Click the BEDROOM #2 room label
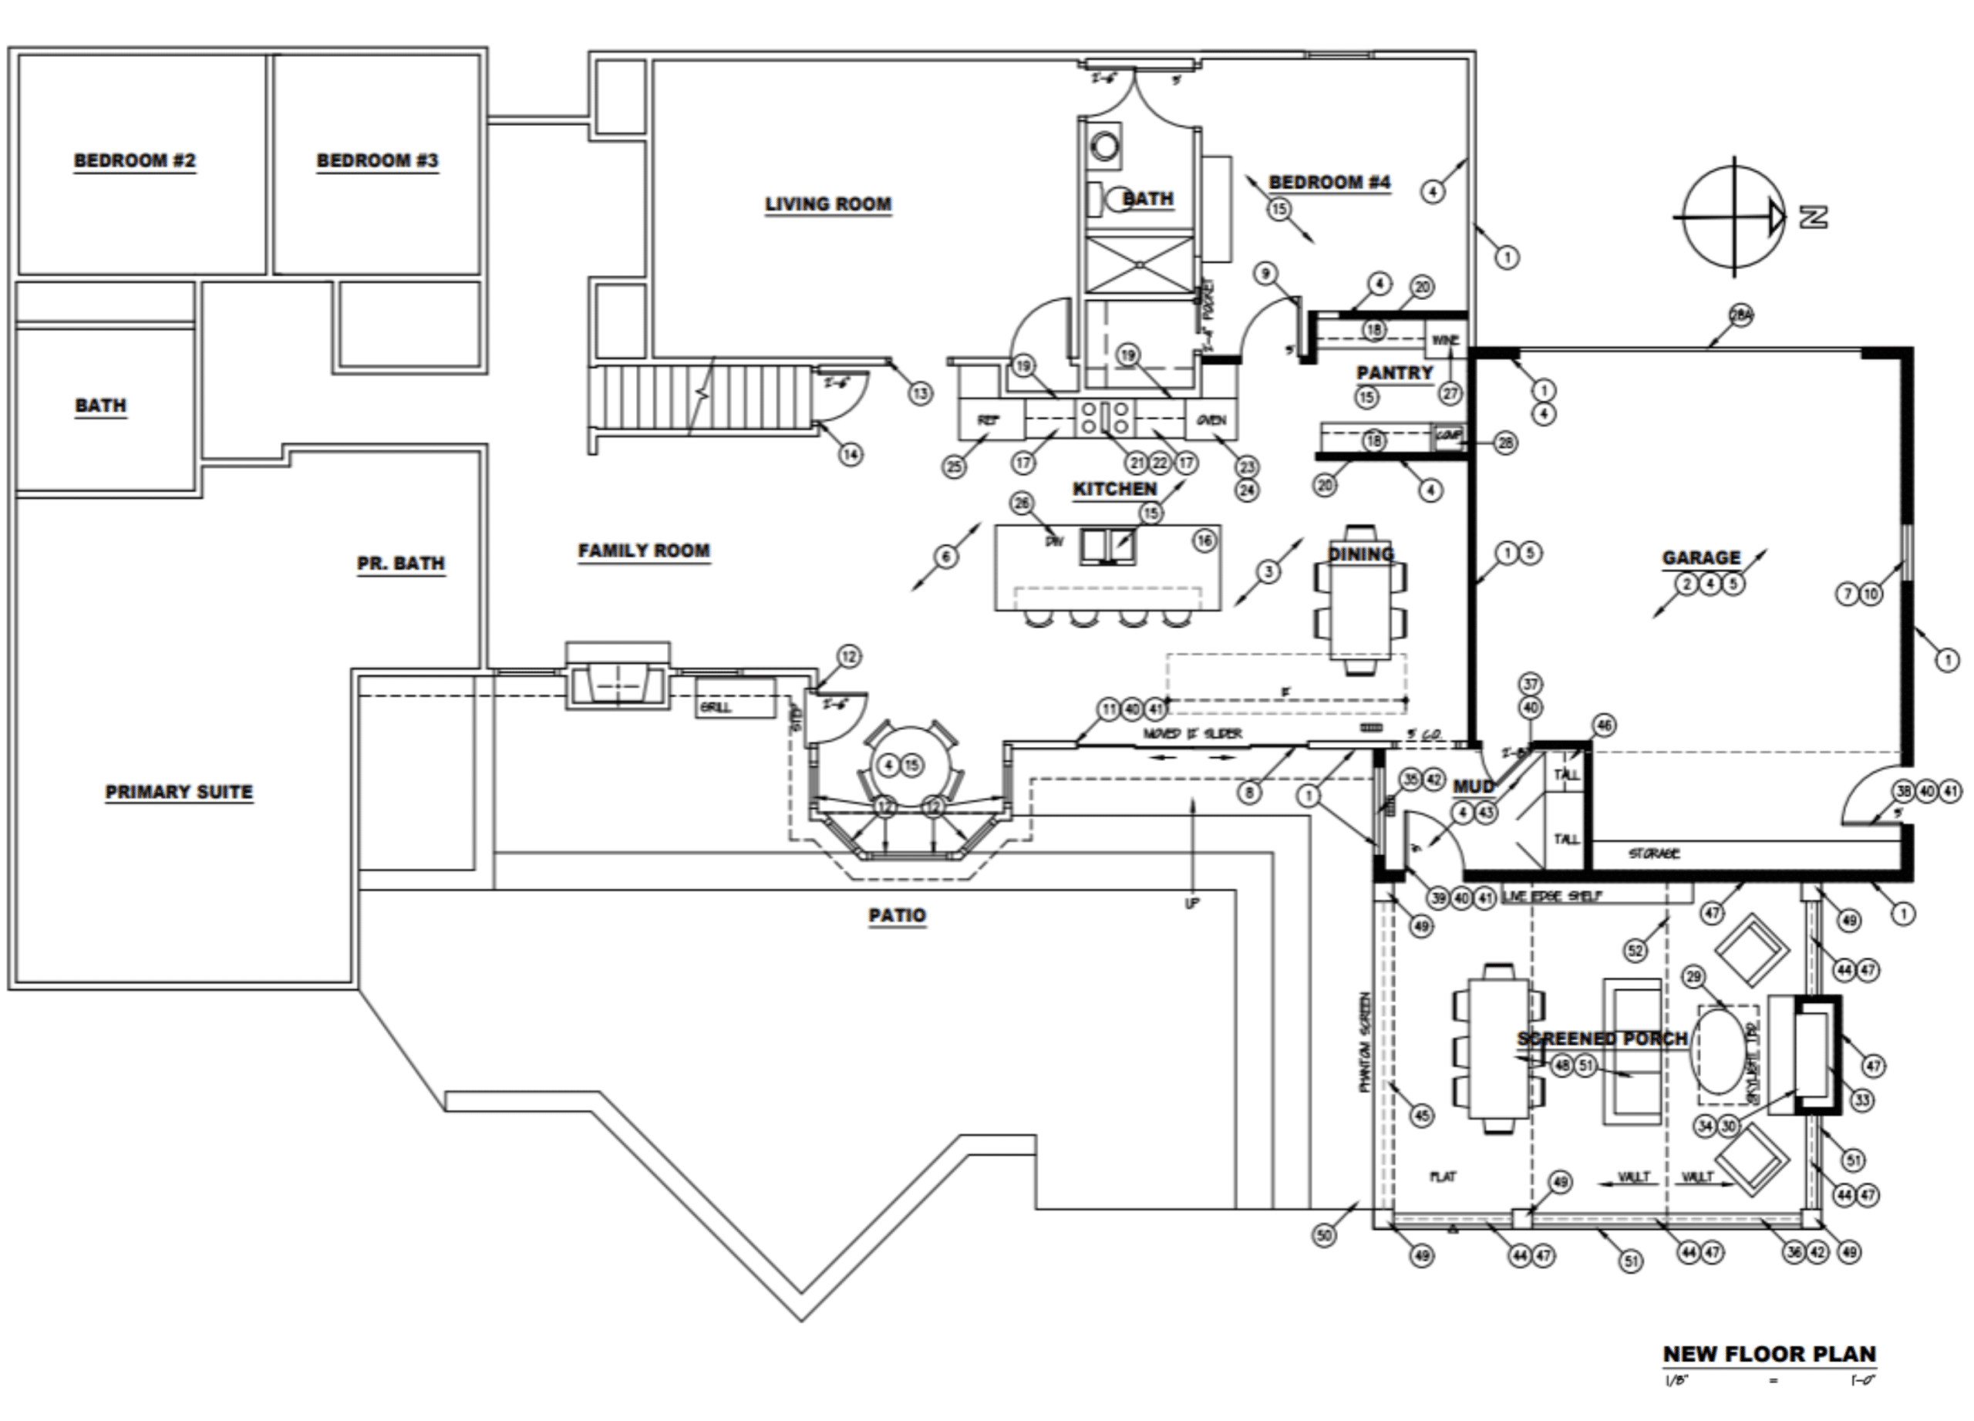tap(135, 161)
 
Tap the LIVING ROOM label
tap(827, 204)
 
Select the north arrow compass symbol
tap(1735, 217)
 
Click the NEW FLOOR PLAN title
tap(1769, 1355)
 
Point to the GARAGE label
tap(1701, 557)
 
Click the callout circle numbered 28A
tap(1740, 315)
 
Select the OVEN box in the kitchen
tap(1211, 420)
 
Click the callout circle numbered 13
tap(921, 393)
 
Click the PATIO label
tap(897, 915)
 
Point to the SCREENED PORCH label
tap(1602, 1039)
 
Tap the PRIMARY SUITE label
tap(178, 793)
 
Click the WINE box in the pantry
tap(1445, 340)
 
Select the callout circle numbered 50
tap(1324, 1234)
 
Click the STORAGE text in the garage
tap(1654, 854)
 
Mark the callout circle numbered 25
tap(954, 466)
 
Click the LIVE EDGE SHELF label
tap(1552, 896)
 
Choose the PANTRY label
tap(1394, 373)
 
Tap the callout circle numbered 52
tap(1636, 949)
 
